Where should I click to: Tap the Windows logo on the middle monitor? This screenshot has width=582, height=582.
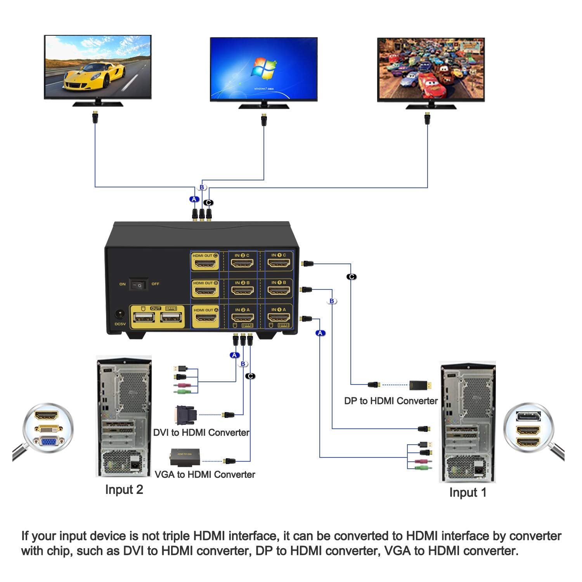tap(263, 69)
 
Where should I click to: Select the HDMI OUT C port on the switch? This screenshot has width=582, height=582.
tap(205, 264)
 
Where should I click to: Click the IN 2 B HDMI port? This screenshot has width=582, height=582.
tap(242, 290)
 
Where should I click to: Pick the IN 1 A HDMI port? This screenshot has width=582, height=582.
tap(279, 317)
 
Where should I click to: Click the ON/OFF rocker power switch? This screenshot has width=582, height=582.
tap(139, 284)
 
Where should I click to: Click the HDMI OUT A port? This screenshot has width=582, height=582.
tap(205, 318)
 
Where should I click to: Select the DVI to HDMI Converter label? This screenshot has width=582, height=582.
tap(201, 433)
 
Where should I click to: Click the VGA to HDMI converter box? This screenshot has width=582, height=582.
tap(185, 457)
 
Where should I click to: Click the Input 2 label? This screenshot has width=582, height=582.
tap(124, 490)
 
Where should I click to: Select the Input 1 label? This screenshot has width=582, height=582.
tap(468, 492)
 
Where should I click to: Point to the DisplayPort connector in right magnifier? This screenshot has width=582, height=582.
tap(528, 417)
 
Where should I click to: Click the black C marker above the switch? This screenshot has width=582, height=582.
tap(208, 203)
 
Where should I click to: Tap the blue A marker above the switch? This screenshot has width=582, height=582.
tap(194, 199)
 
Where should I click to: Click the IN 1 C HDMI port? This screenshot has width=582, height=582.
tap(279, 263)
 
